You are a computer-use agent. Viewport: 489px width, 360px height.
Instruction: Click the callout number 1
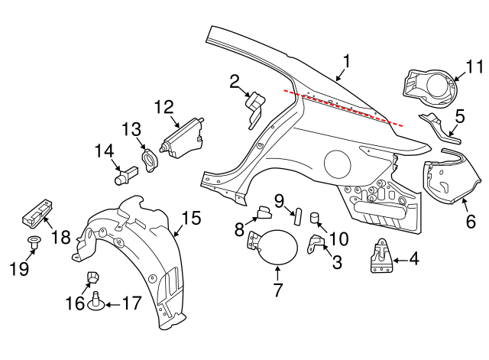point(346,61)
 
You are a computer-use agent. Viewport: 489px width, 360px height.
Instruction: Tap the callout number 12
point(164,107)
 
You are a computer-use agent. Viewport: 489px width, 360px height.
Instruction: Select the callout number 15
point(192,218)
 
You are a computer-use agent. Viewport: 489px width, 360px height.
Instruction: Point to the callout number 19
point(19,268)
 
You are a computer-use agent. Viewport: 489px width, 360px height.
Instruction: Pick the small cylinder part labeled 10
point(314,217)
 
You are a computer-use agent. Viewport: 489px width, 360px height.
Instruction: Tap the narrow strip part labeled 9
point(297,216)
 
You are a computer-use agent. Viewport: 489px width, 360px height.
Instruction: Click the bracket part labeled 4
point(381,256)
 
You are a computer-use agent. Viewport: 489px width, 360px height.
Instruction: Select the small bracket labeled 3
point(316,244)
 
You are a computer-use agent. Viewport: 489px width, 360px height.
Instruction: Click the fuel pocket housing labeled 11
point(430,87)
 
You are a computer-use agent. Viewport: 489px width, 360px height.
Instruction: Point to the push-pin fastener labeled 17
point(96,301)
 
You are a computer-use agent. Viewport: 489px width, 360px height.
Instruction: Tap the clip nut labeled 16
point(93,277)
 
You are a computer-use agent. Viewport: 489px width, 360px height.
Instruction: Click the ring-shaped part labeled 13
point(151,160)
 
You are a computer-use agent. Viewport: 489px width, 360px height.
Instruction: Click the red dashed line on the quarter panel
point(343,108)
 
